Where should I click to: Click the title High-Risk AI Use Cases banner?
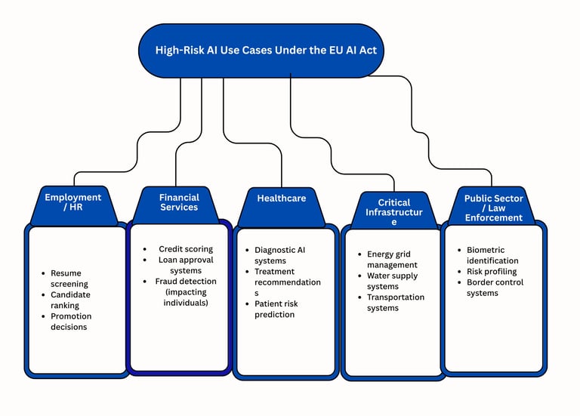(x=261, y=51)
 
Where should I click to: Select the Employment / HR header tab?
(x=72, y=202)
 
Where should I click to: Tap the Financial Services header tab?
(x=179, y=202)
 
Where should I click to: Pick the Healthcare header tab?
(x=281, y=199)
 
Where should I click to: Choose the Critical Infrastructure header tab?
(x=393, y=212)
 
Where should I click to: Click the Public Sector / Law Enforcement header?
(x=493, y=208)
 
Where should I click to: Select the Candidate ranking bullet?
(x=69, y=300)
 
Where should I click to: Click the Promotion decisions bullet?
(x=69, y=322)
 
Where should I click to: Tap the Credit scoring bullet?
(x=186, y=249)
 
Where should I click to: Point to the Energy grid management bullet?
(x=391, y=260)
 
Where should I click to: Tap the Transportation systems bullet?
(x=395, y=303)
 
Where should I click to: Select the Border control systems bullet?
(x=495, y=288)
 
